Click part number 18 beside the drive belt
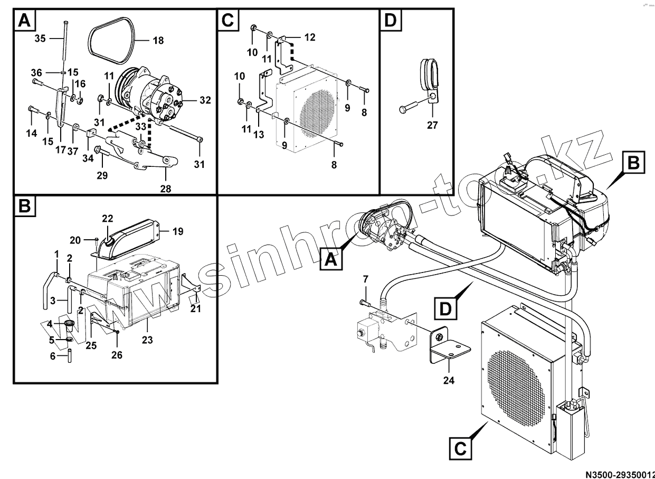click(x=158, y=40)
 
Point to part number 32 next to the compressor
click(x=205, y=99)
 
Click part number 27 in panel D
click(x=433, y=125)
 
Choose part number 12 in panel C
click(x=310, y=37)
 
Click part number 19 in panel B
click(x=177, y=231)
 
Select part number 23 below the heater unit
click(x=147, y=340)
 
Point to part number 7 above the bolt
click(x=365, y=278)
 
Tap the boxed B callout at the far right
click(x=633, y=163)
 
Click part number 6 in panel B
click(x=53, y=356)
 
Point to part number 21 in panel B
click(x=196, y=308)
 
